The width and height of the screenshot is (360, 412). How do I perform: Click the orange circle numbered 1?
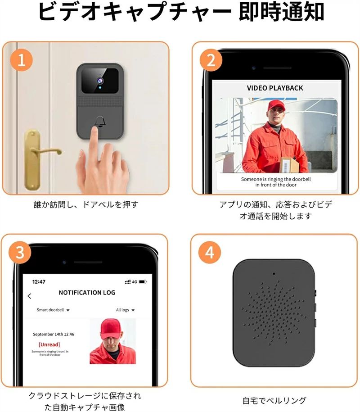tap(22, 60)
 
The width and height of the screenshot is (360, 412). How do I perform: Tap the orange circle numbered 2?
tap(211, 60)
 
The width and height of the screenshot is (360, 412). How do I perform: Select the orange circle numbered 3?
tap(20, 252)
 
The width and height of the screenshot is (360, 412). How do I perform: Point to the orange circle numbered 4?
tap(209, 253)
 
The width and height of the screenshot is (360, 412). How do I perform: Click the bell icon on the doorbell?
tap(100, 122)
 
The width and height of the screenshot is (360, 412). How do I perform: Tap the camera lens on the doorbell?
tap(100, 80)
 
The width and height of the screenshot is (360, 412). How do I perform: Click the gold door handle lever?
tap(46, 151)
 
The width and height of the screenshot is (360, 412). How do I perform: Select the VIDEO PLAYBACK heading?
tap(275, 88)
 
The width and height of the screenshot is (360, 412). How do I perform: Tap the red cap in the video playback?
tap(276, 105)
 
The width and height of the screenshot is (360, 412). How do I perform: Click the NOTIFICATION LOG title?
tap(87, 292)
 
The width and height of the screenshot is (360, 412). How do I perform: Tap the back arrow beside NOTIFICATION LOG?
tap(29, 296)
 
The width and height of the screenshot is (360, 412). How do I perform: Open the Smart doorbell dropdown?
tap(53, 310)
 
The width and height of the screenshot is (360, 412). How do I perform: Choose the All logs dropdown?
tap(125, 310)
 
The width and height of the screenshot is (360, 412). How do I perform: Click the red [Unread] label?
tap(49, 344)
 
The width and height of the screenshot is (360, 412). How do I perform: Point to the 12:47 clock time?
tap(39, 282)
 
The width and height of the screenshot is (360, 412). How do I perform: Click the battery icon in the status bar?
tap(143, 282)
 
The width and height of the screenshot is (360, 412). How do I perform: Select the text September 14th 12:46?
tap(53, 334)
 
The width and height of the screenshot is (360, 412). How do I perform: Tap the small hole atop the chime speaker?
tap(274, 273)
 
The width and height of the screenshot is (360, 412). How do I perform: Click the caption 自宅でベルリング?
tap(274, 400)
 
